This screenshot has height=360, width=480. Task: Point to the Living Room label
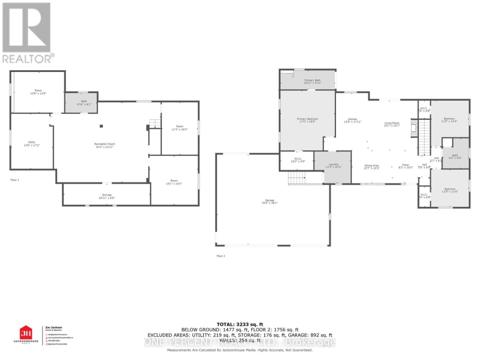tap(392, 124)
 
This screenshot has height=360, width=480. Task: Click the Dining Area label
tap(372, 166)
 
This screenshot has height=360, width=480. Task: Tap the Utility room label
tap(32, 144)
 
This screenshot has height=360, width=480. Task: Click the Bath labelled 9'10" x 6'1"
tap(81, 102)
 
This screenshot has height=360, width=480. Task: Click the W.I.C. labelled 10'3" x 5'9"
tap(296, 160)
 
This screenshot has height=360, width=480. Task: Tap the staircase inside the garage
tap(296, 179)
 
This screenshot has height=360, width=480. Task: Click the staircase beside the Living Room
tap(424, 138)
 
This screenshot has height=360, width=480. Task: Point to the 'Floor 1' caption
tap(15, 180)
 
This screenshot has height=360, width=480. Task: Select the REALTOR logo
tap(27, 33)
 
